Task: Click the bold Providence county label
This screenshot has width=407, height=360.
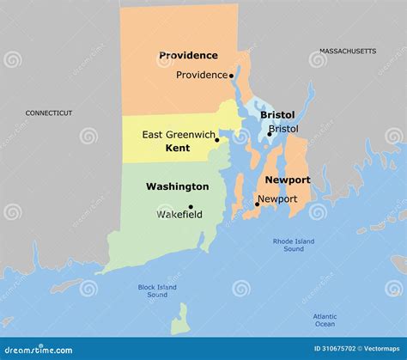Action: pos(188,56)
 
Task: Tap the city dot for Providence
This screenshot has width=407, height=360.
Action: pos(232,76)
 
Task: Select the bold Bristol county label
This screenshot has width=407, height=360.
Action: pos(277,115)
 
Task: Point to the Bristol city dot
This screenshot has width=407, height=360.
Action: pos(269,134)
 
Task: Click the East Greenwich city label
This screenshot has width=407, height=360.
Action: pos(178,134)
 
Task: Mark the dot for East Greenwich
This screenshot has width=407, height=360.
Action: pos(217,140)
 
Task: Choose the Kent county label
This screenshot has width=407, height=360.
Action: pos(177,149)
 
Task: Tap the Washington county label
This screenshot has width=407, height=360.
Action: pos(177,186)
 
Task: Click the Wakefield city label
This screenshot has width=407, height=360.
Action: pos(179,215)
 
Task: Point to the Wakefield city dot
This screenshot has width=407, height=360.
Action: pos(191,207)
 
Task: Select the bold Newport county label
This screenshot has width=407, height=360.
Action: pos(287,180)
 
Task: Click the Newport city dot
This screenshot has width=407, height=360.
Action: pos(257,204)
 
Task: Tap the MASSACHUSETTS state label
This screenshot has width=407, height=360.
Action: pos(348,52)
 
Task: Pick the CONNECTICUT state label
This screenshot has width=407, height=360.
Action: pos(49,113)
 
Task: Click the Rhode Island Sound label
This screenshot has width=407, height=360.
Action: pos(294,245)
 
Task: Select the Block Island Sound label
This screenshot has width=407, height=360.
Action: pos(157,290)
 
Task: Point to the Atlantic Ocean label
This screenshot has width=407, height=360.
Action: pos(325,320)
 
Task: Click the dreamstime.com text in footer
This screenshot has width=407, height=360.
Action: pos(39,349)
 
